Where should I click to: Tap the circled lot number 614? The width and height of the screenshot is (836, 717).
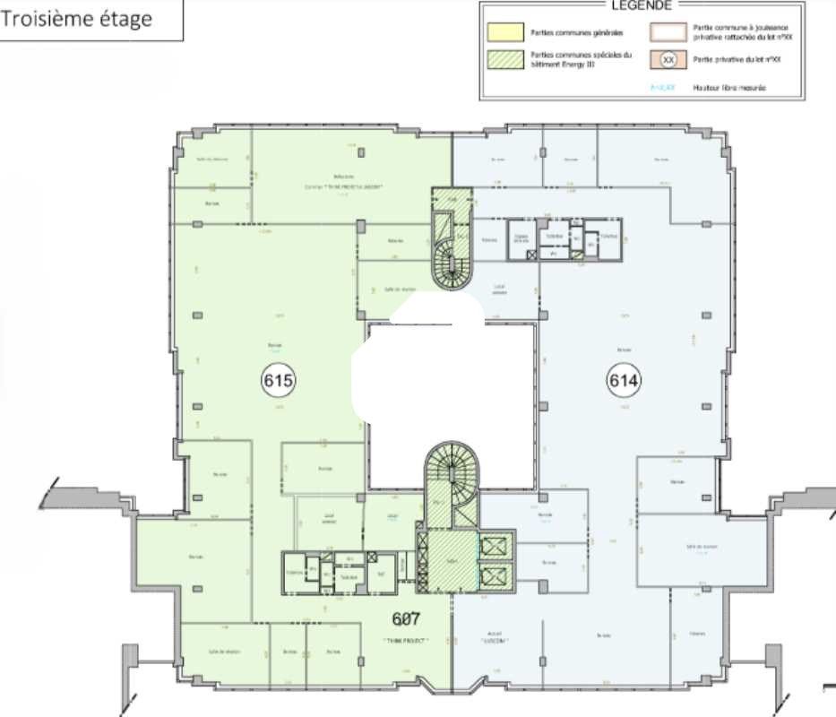tap(625, 380)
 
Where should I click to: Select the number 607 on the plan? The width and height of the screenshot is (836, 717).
tap(407, 618)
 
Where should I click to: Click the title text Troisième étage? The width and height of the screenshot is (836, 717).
tap(77, 19)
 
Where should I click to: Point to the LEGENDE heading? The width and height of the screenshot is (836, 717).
tap(642, 4)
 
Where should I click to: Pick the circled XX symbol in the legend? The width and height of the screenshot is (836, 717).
tap(668, 60)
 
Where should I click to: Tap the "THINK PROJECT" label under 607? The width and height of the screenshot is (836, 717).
tap(406, 641)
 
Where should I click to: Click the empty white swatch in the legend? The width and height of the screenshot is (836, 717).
tap(668, 32)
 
